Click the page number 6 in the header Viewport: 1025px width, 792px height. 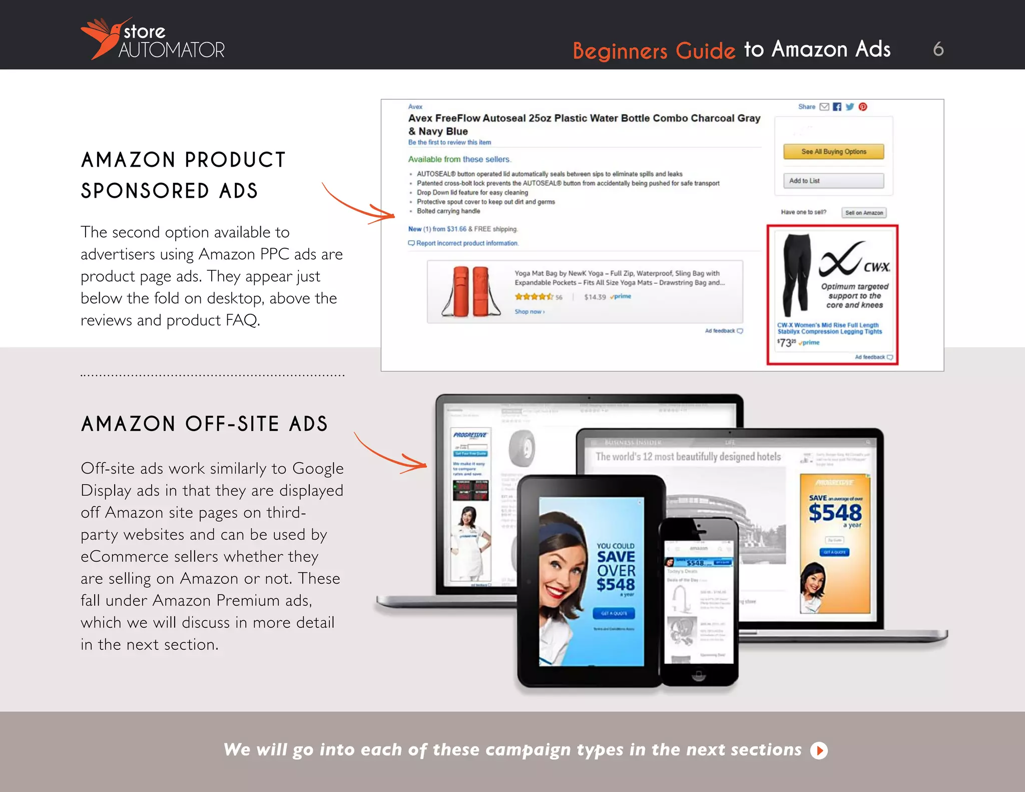click(x=938, y=49)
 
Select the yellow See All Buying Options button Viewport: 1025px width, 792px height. click(x=833, y=152)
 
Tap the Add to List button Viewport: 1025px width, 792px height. click(x=833, y=181)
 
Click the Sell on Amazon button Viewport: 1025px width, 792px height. click(x=864, y=213)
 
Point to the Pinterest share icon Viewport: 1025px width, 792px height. click(x=863, y=107)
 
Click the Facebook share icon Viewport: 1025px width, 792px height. click(x=837, y=107)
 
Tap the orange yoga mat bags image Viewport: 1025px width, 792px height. click(x=470, y=292)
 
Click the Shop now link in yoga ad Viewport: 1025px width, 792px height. click(x=529, y=312)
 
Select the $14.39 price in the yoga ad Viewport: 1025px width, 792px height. click(x=595, y=297)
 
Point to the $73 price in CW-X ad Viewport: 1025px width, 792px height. click(x=786, y=342)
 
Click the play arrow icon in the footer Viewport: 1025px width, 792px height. click(x=819, y=750)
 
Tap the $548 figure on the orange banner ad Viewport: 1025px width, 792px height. click(x=835, y=513)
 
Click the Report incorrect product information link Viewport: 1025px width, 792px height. click(x=466, y=243)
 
